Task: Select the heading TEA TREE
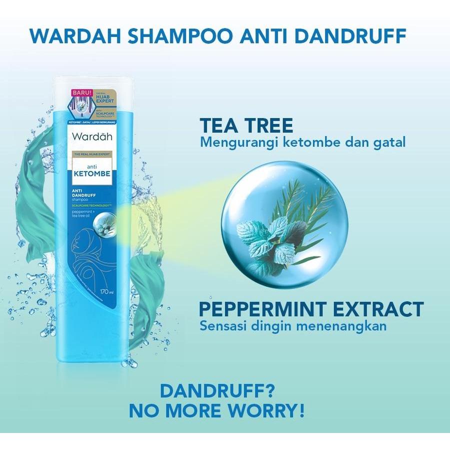click(x=246, y=126)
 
